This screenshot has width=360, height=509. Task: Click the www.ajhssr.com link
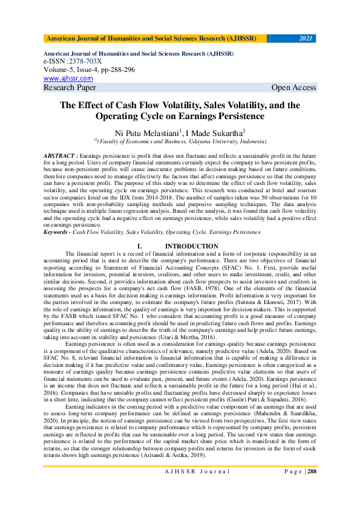point(68,78)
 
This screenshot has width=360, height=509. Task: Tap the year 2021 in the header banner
point(306,39)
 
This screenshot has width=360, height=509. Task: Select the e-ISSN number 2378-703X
point(84,61)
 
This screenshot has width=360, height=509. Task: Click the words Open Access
point(293,88)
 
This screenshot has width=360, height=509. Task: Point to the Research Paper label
point(70,88)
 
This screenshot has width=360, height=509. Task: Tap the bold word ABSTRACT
point(59,156)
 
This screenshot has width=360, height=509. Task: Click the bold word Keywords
point(56,232)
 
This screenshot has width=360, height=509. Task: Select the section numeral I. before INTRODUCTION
point(140,246)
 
